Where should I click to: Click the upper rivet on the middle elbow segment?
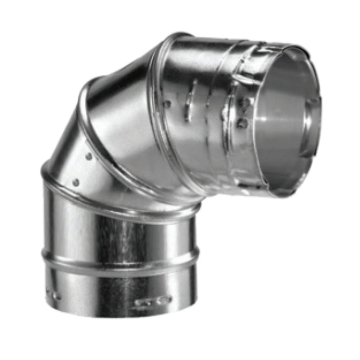[x=89, y=157]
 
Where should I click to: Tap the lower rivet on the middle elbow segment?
[x=76, y=182]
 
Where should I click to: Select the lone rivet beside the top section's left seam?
[x=167, y=103]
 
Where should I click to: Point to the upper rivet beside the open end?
[x=246, y=103]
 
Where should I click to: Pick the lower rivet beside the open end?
[x=243, y=122]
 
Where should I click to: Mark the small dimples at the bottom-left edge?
[x=53, y=295]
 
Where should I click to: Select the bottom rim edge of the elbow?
[x=121, y=315]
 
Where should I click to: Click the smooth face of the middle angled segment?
[x=121, y=135]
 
